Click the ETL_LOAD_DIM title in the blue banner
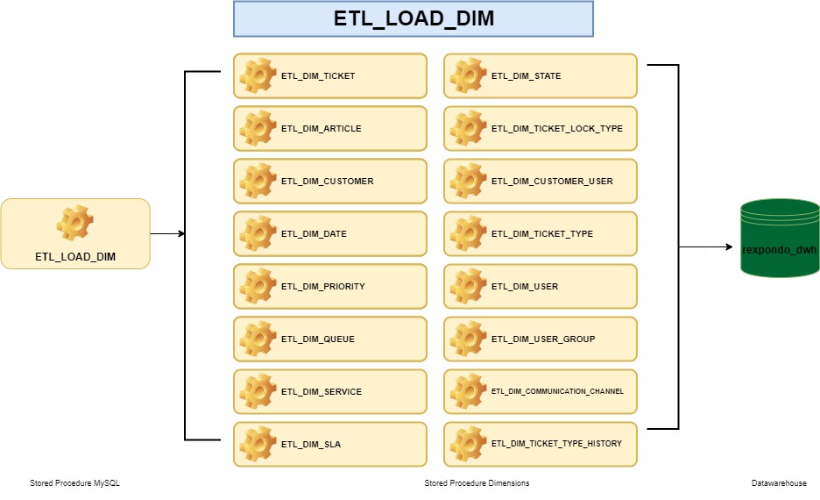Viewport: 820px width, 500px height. coord(414,19)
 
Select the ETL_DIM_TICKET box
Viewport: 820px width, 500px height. coord(329,76)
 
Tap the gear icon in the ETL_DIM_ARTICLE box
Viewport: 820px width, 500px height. coord(258,129)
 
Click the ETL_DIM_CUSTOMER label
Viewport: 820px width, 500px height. coord(327,182)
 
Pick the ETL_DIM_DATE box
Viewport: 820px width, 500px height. coord(329,234)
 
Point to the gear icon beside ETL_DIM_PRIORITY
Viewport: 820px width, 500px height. coord(258,287)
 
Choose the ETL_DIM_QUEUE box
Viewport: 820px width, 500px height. coord(329,339)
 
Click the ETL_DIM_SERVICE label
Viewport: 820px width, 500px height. coord(321,392)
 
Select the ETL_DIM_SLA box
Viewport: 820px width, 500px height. coord(329,445)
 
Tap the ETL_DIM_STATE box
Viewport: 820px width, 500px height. coord(540,76)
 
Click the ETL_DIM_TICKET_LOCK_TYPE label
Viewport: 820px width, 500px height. coord(556,129)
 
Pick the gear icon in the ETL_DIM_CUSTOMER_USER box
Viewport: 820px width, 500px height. coord(468,182)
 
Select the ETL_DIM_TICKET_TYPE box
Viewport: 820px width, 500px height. coord(540,234)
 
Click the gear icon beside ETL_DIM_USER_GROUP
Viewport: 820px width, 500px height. coord(468,339)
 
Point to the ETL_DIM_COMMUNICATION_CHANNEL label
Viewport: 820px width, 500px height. coord(557,392)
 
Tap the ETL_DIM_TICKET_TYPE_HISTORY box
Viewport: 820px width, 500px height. coord(540,445)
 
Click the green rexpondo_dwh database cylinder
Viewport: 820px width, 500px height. coord(779,239)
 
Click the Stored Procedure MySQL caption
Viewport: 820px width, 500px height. coord(74,483)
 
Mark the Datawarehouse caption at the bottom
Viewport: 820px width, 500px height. coord(779,483)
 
